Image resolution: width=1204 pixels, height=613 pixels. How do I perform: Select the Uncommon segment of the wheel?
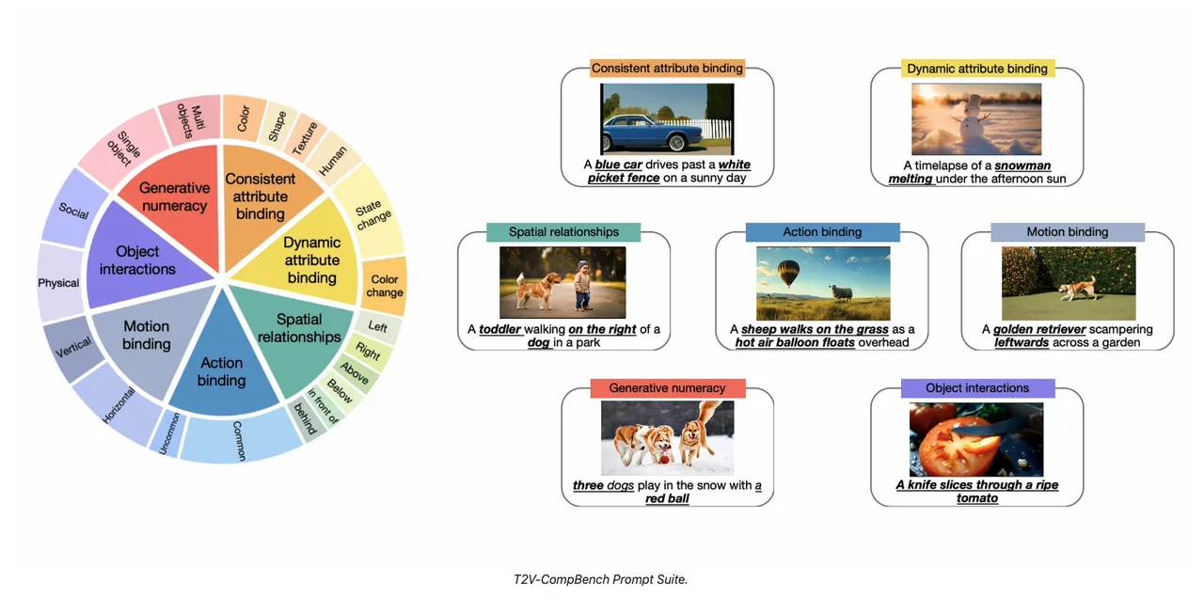pyautogui.click(x=168, y=434)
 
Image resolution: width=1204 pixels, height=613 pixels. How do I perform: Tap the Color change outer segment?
pyautogui.click(x=385, y=286)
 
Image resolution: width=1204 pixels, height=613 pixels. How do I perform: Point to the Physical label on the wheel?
pyautogui.click(x=58, y=283)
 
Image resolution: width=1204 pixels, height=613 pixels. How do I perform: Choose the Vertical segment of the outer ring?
pyautogui.click(x=73, y=348)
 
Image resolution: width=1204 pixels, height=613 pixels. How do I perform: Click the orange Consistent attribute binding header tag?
pyautogui.click(x=667, y=69)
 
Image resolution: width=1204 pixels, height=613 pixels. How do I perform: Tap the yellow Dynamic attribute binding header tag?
pyautogui.click(x=977, y=69)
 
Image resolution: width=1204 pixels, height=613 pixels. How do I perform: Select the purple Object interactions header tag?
pyautogui.click(x=977, y=388)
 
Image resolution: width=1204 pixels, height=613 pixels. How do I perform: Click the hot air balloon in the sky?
pyautogui.click(x=788, y=273)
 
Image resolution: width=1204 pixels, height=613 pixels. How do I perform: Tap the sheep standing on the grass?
pyautogui.click(x=841, y=292)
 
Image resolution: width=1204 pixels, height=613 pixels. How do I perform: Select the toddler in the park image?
pyautogui.click(x=582, y=285)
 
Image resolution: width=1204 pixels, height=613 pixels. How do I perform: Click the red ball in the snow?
pyautogui.click(x=665, y=460)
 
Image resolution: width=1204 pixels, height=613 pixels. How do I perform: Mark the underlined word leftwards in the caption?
pyautogui.click(x=1022, y=343)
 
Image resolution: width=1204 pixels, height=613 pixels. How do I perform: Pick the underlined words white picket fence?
pyautogui.click(x=669, y=171)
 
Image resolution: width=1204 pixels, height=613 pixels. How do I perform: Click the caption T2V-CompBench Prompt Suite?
pyautogui.click(x=600, y=579)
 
